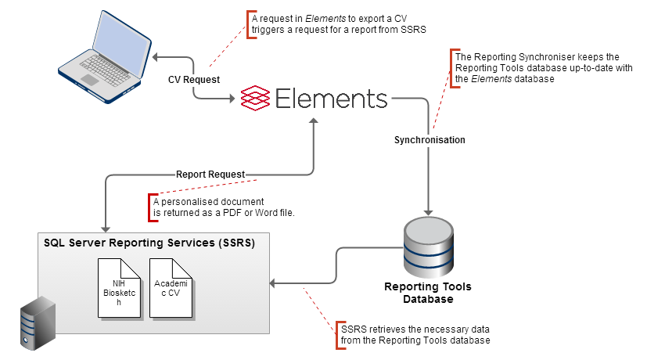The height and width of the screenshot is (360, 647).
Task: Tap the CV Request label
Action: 194,79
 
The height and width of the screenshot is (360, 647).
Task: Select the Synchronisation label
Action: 430,140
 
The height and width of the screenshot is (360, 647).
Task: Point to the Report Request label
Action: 210,174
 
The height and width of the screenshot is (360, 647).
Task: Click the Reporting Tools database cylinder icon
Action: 427,245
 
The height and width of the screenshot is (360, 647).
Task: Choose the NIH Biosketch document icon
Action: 119,288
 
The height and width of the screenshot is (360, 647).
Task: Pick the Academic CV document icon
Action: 171,288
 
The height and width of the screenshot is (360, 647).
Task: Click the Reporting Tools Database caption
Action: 428,293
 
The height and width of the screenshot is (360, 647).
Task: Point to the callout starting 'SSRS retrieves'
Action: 415,334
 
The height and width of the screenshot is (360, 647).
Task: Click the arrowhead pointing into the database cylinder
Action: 428,211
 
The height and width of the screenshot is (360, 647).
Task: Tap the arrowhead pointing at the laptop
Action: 155,57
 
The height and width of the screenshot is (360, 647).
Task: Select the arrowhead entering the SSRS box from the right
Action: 272,283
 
